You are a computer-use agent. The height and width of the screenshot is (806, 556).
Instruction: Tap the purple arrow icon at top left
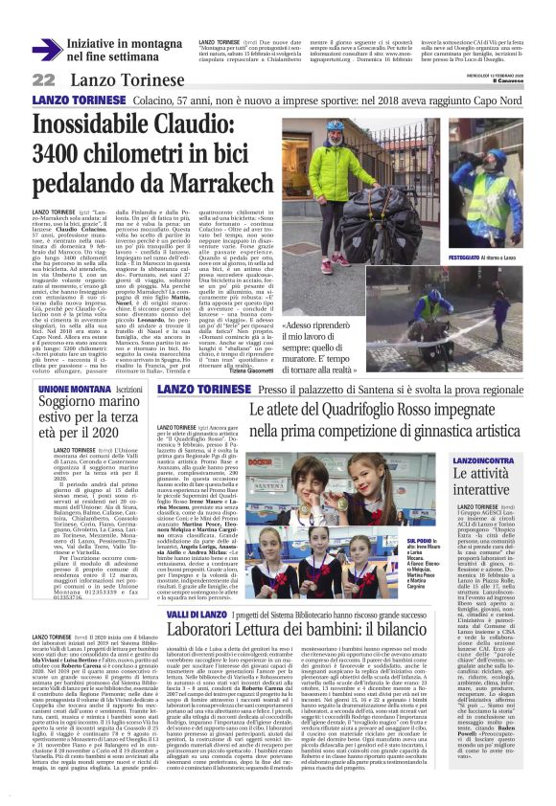[x=46, y=49]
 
